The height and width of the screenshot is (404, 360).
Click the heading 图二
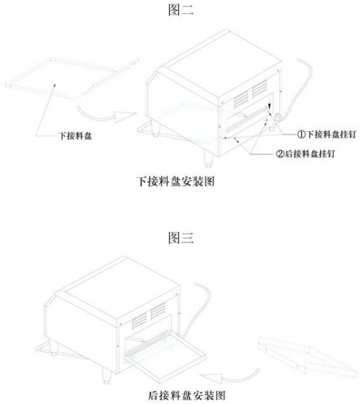tap(181, 10)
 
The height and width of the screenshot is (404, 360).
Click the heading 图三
tap(181, 238)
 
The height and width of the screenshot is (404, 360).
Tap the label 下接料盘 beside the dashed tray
tap(76, 136)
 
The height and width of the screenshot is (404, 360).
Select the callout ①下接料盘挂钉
tap(326, 134)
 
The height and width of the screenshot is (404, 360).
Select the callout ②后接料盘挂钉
tap(305, 154)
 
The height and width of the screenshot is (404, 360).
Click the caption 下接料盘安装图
tap(175, 181)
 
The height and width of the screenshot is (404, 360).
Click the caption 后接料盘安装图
tap(187, 395)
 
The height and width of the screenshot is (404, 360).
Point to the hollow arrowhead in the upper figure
tap(125, 116)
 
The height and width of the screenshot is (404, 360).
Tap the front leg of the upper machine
tap(208, 158)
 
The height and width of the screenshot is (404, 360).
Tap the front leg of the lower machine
tap(107, 375)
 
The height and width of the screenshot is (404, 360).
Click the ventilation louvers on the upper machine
tap(250, 94)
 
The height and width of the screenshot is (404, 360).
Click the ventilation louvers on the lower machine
tap(148, 316)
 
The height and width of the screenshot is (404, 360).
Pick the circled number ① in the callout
tap(301, 134)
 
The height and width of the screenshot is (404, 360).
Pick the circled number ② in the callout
tap(280, 154)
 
